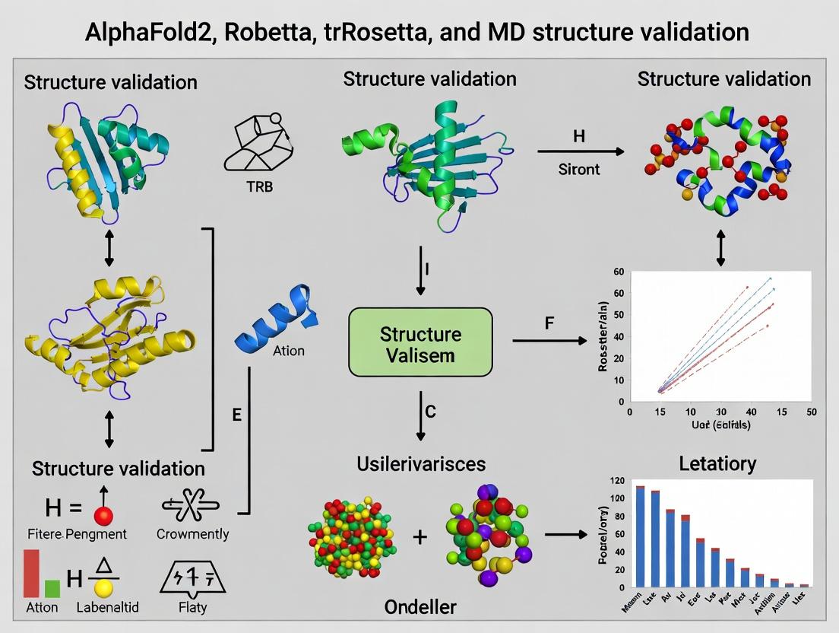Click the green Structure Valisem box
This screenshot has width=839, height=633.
pos(420,342)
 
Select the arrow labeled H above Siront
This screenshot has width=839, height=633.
pos(580,152)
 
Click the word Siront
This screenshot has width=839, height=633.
pos(579,169)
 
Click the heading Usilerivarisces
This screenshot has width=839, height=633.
pos(421,463)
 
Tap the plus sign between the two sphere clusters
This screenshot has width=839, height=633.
pos(420,536)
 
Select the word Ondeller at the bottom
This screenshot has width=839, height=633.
pos(421,606)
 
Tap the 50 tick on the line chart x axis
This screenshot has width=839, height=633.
pos(810,412)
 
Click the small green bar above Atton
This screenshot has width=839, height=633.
pos(52,588)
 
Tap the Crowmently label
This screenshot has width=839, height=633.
pos(192,534)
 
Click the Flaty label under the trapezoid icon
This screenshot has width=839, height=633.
pos(192,608)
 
